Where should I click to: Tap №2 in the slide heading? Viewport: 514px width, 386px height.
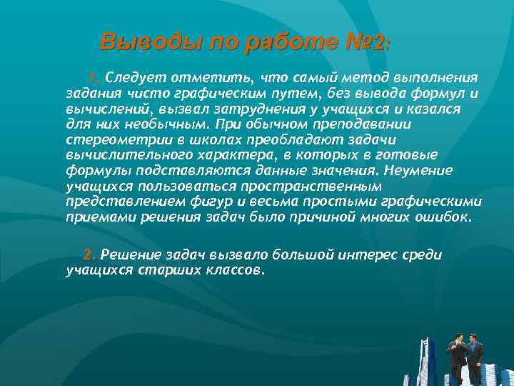(366, 42)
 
